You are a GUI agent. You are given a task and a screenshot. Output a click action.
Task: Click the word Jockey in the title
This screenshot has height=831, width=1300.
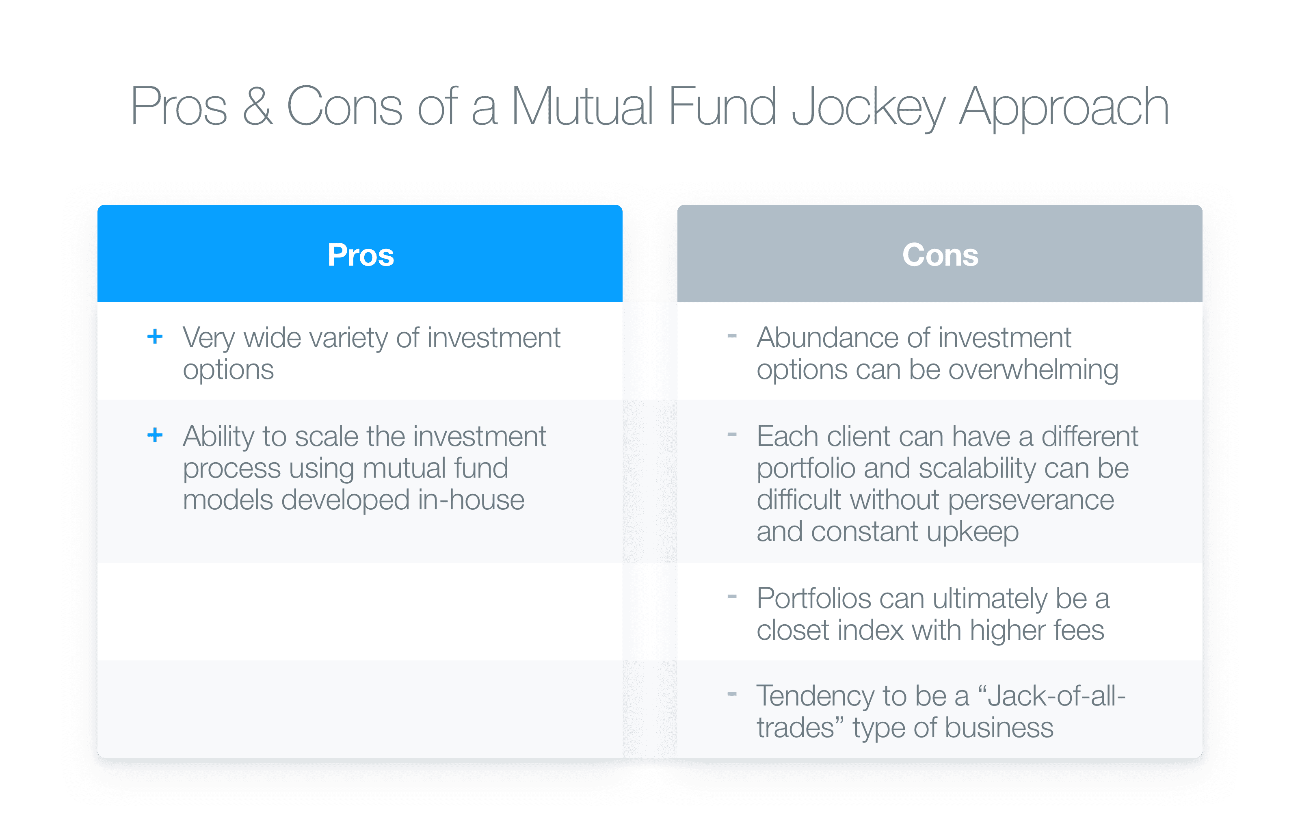coord(868,108)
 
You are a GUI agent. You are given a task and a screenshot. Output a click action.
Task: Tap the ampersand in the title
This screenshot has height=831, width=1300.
coord(257,106)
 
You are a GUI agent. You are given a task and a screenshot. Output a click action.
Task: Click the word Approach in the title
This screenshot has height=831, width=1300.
coord(1064,108)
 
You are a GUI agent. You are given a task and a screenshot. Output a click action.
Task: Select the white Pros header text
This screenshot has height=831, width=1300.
coord(361,254)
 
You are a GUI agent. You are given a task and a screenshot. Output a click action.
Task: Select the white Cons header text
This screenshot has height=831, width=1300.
coord(940,254)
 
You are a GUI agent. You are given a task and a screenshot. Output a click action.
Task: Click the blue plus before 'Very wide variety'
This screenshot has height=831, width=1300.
coord(155,336)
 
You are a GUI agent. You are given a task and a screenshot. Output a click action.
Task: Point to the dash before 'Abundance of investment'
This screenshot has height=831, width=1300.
coord(732,336)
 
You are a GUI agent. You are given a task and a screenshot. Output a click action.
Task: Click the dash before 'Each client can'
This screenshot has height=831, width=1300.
coord(732,434)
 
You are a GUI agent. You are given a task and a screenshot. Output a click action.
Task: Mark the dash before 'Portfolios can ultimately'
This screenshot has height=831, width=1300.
coord(732,597)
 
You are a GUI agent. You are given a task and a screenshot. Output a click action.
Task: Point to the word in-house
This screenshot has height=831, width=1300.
coord(471,500)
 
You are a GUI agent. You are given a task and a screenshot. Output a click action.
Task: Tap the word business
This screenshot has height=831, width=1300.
coord(999,728)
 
